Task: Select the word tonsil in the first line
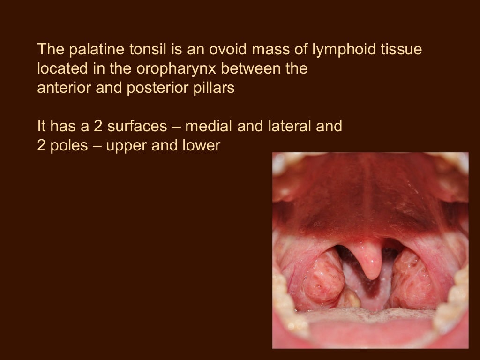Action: tap(132, 49)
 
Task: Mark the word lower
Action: tap(201, 146)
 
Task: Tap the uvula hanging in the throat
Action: tap(369, 260)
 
